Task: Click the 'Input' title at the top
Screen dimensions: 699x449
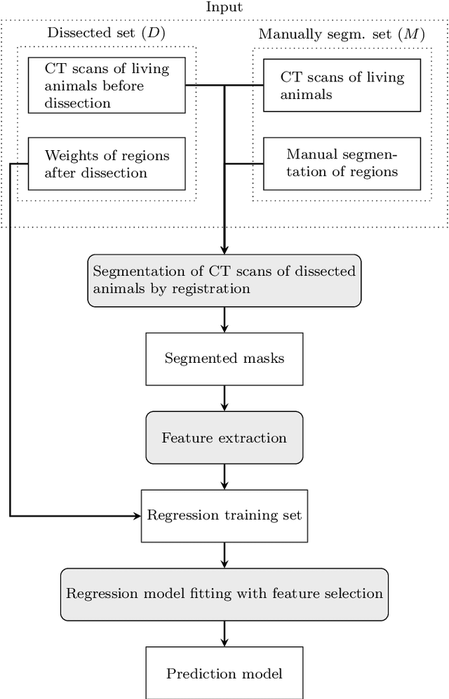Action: click(x=224, y=7)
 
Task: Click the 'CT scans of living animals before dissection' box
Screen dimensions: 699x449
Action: click(x=107, y=85)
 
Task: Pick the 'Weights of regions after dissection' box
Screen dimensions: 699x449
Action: click(x=107, y=164)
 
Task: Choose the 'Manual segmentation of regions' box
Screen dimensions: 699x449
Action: click(x=342, y=163)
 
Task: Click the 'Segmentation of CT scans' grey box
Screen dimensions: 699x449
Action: click(x=224, y=279)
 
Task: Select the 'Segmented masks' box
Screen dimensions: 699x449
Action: click(x=224, y=358)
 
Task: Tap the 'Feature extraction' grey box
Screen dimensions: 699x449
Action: click(x=224, y=438)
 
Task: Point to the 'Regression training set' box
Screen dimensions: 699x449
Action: click(x=224, y=515)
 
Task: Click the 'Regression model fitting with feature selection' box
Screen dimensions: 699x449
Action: click(x=224, y=594)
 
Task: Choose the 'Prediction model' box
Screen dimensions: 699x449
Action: click(x=224, y=674)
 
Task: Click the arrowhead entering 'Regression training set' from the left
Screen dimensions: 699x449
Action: click(x=138, y=516)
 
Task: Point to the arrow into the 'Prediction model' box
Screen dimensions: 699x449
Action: click(x=224, y=634)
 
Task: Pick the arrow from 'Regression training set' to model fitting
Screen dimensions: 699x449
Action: click(x=224, y=554)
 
